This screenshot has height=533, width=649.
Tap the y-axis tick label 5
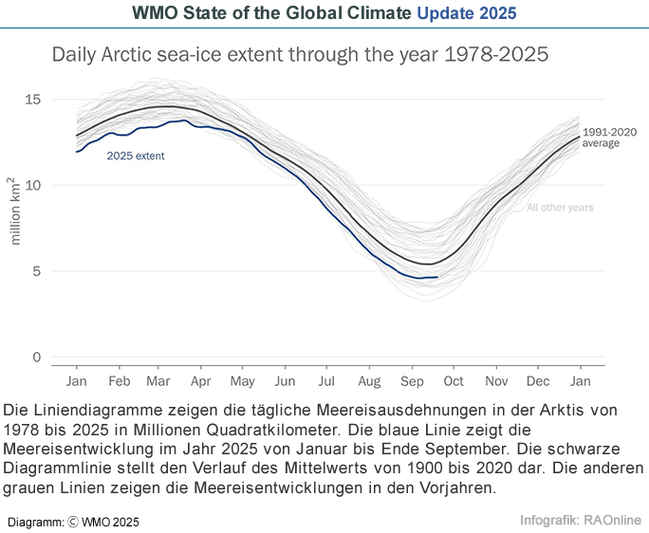click(36, 271)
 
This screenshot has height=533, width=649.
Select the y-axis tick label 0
click(36, 358)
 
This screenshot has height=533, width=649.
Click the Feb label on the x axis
click(119, 380)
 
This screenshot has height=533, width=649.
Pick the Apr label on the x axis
click(201, 380)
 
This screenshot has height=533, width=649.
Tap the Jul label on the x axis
click(326, 380)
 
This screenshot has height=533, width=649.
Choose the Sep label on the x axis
click(412, 380)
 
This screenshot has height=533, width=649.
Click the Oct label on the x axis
click(454, 380)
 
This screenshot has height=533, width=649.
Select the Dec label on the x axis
click(538, 380)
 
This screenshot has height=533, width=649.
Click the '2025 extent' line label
click(135, 156)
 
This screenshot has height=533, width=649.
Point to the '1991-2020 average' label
click(608, 138)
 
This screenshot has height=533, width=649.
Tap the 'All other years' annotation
click(560, 207)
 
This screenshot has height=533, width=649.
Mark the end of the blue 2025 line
click(437, 277)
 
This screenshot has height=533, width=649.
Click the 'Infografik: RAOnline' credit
click(581, 520)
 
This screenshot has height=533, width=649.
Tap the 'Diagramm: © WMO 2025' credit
click(73, 522)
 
